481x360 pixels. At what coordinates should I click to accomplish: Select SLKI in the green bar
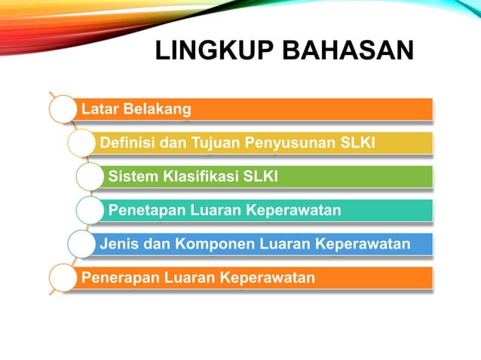coord(260,177)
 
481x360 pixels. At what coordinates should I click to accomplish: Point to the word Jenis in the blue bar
coord(118,244)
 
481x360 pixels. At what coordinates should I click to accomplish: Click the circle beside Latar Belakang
coord(62,110)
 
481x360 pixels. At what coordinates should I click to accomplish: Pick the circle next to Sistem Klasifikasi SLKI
coord(90,177)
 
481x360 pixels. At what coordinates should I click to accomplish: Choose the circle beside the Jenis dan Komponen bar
coord(81,244)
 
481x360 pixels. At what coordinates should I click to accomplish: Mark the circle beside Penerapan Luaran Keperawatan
coord(62,278)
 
